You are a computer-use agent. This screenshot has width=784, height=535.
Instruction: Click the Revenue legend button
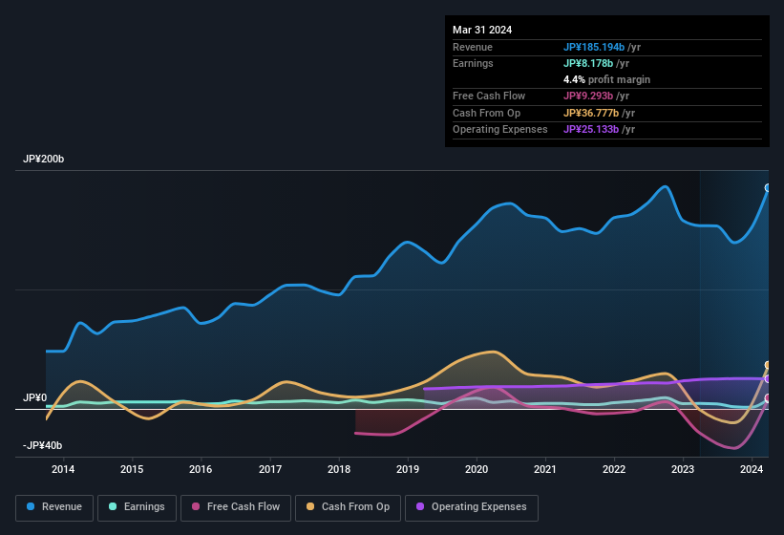pos(54,507)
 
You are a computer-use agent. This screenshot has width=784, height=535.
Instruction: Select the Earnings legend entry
pos(136,507)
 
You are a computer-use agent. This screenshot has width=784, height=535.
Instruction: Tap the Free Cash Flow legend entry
pos(236,507)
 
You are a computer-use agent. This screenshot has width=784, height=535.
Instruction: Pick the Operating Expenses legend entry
pos(471,507)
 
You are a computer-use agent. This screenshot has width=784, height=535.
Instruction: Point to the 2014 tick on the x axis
pos(63,469)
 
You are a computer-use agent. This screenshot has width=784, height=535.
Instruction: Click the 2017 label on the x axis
pos(270,469)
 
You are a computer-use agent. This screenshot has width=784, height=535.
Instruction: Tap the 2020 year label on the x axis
pos(477,469)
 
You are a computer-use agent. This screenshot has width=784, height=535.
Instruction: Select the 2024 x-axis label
pos(752,469)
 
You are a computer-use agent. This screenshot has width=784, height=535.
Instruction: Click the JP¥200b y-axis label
pos(44,160)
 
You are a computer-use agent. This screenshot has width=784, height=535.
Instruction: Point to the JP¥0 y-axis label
pos(34,397)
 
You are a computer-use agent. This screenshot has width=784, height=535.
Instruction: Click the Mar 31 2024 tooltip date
pos(482,30)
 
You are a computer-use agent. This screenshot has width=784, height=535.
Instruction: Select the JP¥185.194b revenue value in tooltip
pos(594,47)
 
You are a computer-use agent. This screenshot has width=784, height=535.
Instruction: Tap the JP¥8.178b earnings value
pos(588,63)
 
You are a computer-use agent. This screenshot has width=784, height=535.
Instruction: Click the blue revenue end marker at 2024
pos(768,188)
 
